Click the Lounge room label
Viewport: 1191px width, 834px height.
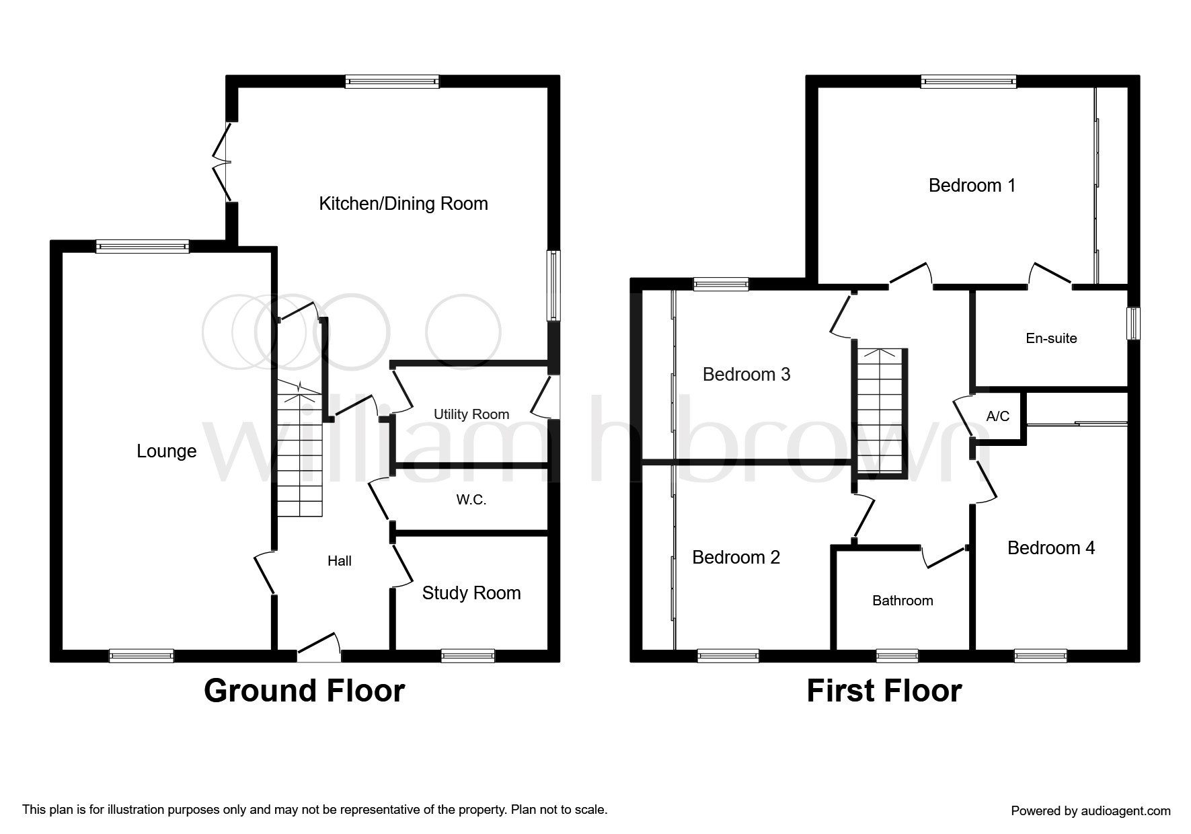pyautogui.click(x=166, y=451)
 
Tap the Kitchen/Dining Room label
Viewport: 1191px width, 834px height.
pyautogui.click(x=404, y=204)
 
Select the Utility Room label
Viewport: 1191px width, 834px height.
pyautogui.click(x=471, y=414)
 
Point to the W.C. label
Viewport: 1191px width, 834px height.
pyautogui.click(x=471, y=500)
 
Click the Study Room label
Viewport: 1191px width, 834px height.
pyautogui.click(x=471, y=593)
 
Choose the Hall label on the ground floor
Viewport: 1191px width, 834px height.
pyautogui.click(x=340, y=561)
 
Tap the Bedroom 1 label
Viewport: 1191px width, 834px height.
pyautogui.click(x=972, y=186)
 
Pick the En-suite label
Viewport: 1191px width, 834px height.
pyautogui.click(x=1051, y=338)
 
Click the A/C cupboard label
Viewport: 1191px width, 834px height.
pyautogui.click(x=998, y=416)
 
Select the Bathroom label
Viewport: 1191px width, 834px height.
pyautogui.click(x=902, y=601)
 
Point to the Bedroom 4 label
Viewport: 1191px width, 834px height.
pyautogui.click(x=1051, y=548)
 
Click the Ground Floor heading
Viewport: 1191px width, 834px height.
pyautogui.click(x=304, y=691)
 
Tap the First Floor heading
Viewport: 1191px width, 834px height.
pyautogui.click(x=884, y=691)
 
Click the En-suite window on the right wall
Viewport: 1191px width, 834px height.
pyautogui.click(x=1134, y=323)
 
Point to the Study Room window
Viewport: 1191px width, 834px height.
pyautogui.click(x=468, y=656)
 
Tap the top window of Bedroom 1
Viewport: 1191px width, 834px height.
pyautogui.click(x=968, y=82)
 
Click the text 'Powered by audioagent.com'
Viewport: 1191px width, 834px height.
pyautogui.click(x=1091, y=811)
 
